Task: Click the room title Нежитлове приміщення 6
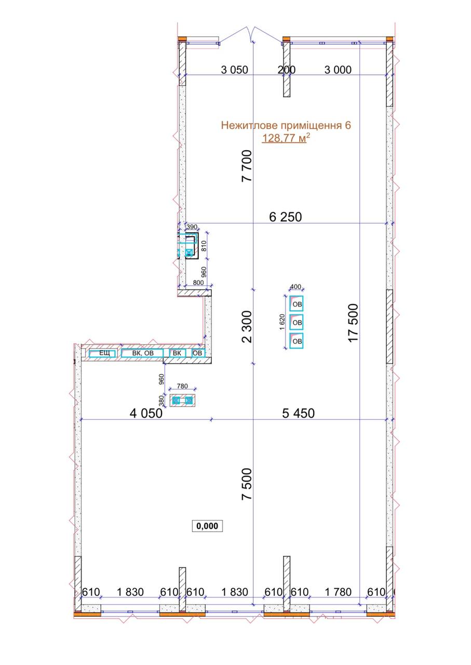[x=286, y=125]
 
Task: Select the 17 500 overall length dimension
[x=354, y=323]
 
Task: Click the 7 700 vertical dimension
[x=247, y=166]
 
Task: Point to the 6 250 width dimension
[x=285, y=217]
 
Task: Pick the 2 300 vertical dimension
[x=247, y=327]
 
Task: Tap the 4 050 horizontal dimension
[x=146, y=413]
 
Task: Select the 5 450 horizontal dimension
[x=298, y=413]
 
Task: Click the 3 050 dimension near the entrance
[x=234, y=70]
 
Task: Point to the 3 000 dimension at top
[x=338, y=70]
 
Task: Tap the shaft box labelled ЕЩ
[x=102, y=353]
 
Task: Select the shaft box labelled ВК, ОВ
[x=142, y=353]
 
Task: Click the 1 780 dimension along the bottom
[x=338, y=592]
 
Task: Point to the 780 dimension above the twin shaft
[x=182, y=386]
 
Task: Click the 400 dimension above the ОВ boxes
[x=295, y=286]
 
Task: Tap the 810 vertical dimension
[x=204, y=246]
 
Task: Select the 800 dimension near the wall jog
[x=198, y=282]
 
